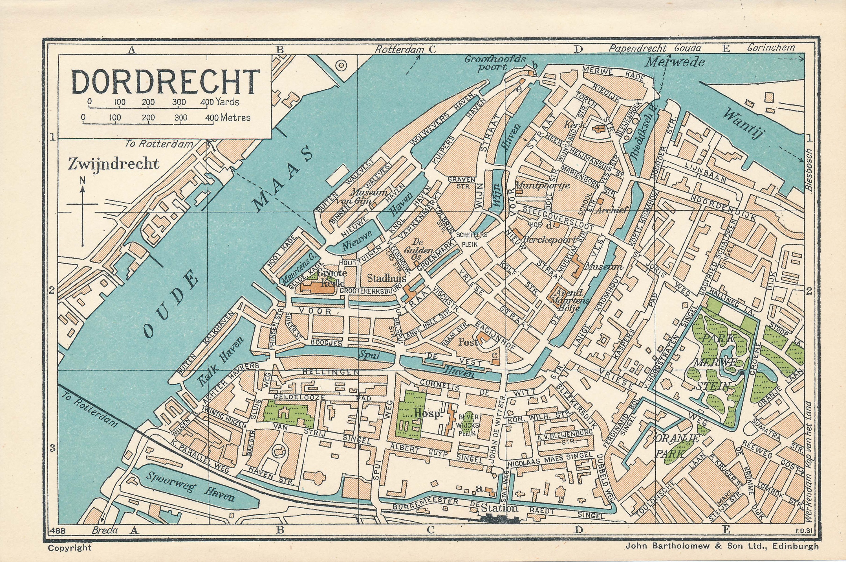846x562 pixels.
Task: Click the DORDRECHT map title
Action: point(165,82)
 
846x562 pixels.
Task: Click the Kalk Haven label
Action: point(220,362)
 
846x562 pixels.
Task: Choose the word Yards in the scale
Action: point(227,102)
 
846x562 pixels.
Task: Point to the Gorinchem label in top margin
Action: point(770,48)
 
